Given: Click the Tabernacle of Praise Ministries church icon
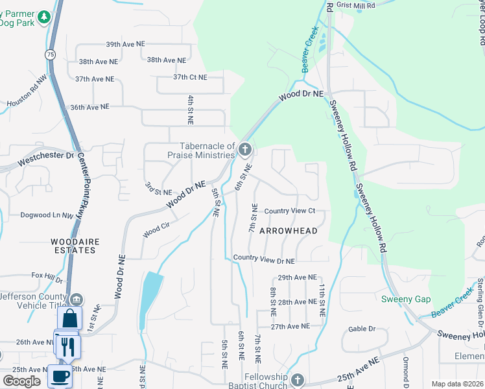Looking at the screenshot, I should (244, 150).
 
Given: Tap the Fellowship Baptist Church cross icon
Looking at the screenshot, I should (297, 380).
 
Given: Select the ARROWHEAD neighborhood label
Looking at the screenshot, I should (289, 231).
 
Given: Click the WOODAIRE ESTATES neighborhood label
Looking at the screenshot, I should (75, 246).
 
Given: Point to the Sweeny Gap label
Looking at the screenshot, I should (405, 299).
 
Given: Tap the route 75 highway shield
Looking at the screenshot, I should (51, 55).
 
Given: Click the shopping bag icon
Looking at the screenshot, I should (69, 319).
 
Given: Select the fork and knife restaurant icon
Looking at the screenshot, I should (67, 345).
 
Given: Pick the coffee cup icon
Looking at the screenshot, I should (60, 375).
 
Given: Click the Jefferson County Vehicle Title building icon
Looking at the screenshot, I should (77, 299).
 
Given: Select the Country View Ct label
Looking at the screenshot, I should (289, 211).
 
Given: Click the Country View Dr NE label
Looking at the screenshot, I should (264, 260).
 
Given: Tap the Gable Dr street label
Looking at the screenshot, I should (362, 329).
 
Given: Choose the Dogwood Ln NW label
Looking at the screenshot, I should (47, 215).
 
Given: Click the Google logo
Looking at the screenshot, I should (21, 381).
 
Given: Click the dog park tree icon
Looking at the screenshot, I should (44, 18).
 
